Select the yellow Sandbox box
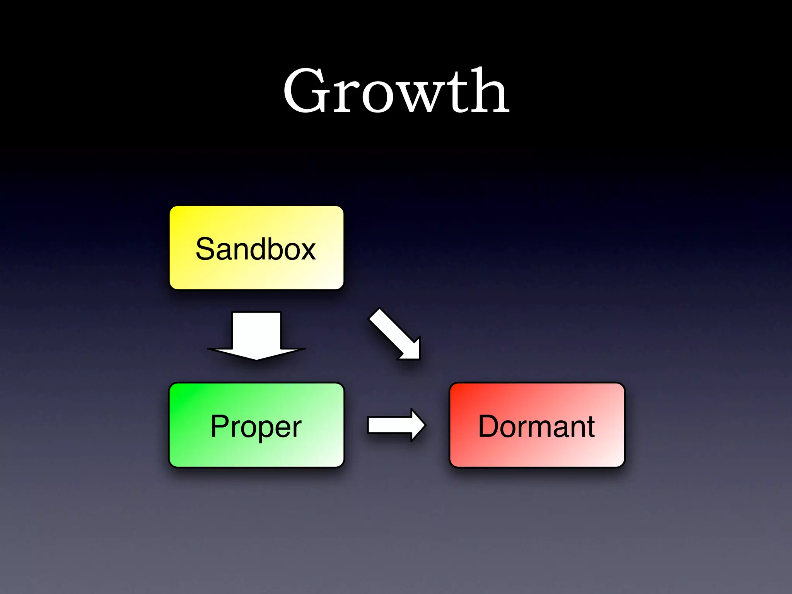pyautogui.click(x=256, y=247)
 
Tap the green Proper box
pyautogui.click(x=256, y=425)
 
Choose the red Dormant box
pyautogui.click(x=537, y=425)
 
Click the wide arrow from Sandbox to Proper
pyautogui.click(x=256, y=335)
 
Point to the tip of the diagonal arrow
pyautogui.click(x=418, y=357)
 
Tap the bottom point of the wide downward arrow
pyautogui.click(x=256, y=358)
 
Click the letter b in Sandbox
pyautogui.click(x=267, y=249)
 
